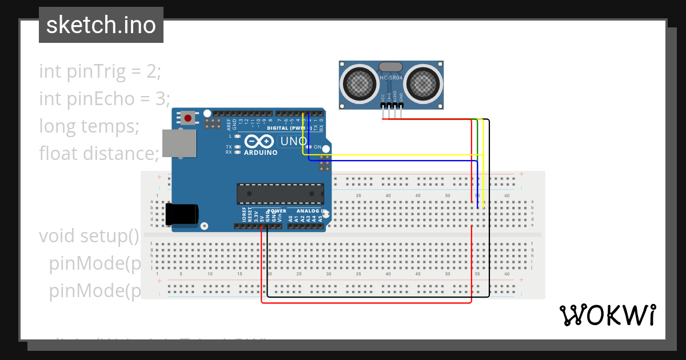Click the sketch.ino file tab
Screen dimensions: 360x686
(x=101, y=25)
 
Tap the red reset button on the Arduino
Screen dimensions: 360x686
(x=188, y=118)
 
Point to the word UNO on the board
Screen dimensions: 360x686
(x=294, y=141)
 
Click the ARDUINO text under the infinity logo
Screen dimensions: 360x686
(x=261, y=153)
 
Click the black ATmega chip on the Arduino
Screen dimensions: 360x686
(x=280, y=194)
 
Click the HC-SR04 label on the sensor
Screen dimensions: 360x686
(x=392, y=77)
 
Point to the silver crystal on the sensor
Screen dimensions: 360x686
(x=392, y=67)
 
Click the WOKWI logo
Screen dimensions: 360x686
(x=607, y=315)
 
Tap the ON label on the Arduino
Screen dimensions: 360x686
(x=318, y=147)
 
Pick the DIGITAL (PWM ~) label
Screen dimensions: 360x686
(x=290, y=128)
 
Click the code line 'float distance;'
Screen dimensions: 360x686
(x=99, y=153)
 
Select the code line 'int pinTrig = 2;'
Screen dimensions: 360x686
(x=101, y=71)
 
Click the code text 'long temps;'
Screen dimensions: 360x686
(x=89, y=126)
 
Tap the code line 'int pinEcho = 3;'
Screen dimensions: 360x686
(x=105, y=99)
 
